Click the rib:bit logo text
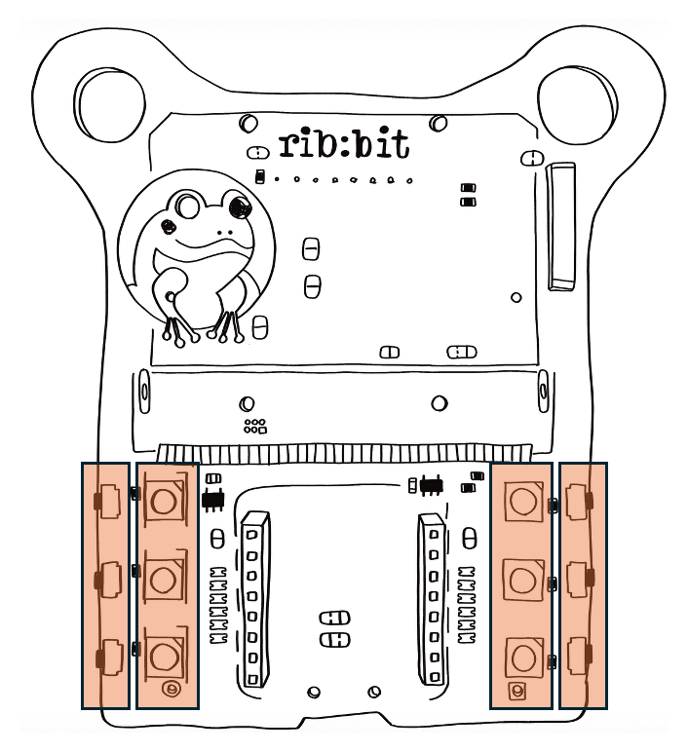pos(344,144)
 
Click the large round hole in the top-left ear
pos(109,98)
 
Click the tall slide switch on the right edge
pos(562,226)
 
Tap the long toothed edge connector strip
pos(345,453)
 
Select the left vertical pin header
pos(254,598)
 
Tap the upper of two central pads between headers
pos(333,618)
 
